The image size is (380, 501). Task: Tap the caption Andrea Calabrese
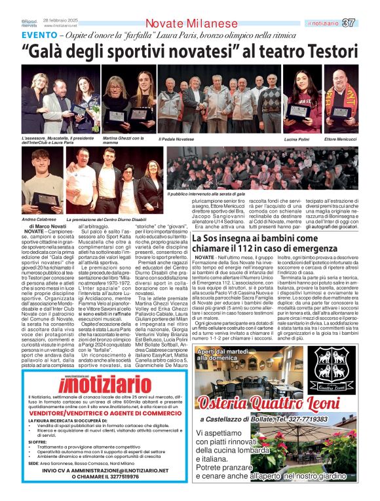pyautogui.click(x=38, y=220)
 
